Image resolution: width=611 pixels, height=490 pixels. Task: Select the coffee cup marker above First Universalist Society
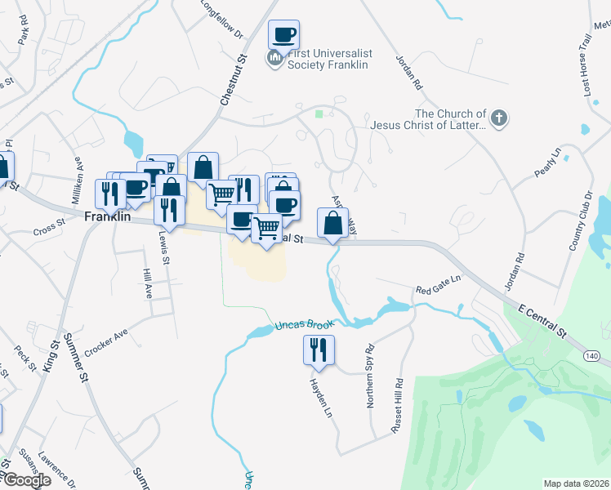click(283, 35)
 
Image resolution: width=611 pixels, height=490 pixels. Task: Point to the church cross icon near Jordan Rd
click(499, 119)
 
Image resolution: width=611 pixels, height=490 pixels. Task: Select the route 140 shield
click(591, 355)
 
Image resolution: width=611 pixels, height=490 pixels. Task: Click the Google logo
click(26, 480)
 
